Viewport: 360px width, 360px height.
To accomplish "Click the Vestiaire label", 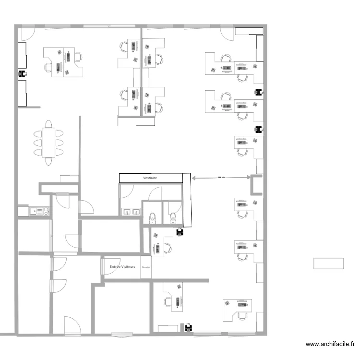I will pos(151,178).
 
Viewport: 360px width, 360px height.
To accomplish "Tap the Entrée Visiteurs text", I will pos(122,266).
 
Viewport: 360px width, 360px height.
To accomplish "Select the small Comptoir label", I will pos(146,267).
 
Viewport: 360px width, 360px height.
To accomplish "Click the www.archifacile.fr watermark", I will pos(331,344).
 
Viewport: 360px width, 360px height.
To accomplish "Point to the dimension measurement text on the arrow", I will pos(221,177).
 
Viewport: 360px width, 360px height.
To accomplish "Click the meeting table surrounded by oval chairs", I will pos(48,142).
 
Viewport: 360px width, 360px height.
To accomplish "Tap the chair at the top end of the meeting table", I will pos(48,124).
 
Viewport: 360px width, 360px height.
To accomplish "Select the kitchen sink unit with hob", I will pos(34,211).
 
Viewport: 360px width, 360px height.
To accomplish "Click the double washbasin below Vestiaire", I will pos(131,211).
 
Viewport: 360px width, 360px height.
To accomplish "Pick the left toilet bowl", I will pos(153,218).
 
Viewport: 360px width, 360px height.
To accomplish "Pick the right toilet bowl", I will pos(173,218).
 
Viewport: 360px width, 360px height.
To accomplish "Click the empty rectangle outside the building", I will pos(328,264).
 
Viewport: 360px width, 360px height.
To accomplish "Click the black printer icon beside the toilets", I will pos(180,232).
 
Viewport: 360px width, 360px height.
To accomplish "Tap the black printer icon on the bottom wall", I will pos(189,328).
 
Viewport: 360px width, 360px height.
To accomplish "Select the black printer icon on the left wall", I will pos(22,74).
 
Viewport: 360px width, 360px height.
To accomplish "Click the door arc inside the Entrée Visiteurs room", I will pos(108,265).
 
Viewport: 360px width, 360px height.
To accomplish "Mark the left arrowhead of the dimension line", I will pos(193,178).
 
